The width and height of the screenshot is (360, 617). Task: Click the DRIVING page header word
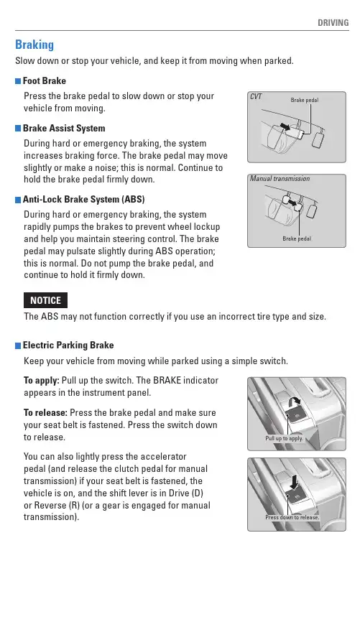point(333,23)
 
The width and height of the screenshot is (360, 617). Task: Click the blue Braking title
point(34,45)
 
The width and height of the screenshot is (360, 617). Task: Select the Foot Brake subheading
point(44,81)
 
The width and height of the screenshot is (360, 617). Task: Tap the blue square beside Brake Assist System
point(18,129)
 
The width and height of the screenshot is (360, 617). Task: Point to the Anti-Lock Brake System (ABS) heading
point(84,200)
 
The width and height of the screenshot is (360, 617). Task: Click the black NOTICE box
point(46,300)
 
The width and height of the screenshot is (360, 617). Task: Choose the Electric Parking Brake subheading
point(68,345)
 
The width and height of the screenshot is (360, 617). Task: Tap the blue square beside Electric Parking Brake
point(18,346)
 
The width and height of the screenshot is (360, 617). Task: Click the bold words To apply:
point(42,381)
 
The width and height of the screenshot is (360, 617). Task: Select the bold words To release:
point(46,413)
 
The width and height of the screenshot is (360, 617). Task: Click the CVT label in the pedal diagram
point(256,97)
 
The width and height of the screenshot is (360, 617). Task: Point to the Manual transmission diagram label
point(280,179)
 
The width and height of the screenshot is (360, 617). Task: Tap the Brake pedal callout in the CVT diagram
point(305,100)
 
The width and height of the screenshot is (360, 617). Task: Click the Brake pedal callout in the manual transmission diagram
point(297,238)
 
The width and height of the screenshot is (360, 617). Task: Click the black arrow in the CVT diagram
point(285,126)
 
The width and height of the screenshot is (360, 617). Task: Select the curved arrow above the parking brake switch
point(295,402)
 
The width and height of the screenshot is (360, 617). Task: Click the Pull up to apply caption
point(284,438)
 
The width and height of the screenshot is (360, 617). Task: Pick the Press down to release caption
point(292,517)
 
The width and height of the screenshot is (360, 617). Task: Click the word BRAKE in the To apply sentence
point(167,381)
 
